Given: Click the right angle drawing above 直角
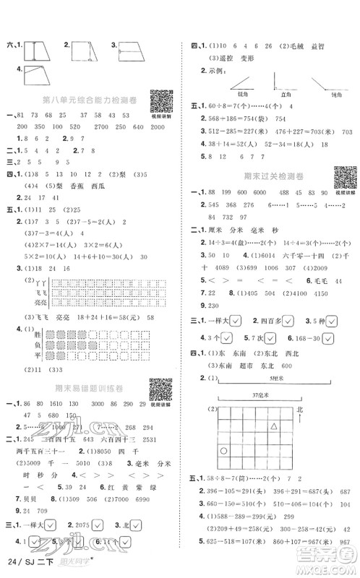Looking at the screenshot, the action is [x=280, y=82].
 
